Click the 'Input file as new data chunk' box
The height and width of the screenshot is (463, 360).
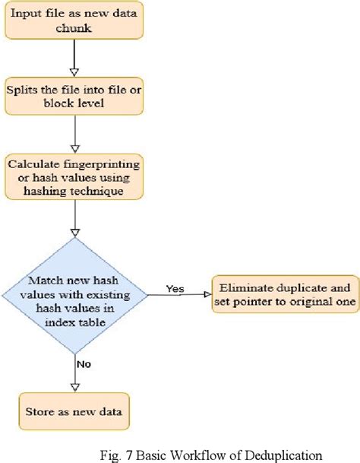[x=74, y=21]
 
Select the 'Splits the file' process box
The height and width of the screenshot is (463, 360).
[x=74, y=96]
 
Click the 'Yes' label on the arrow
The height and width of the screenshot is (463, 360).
[x=175, y=288]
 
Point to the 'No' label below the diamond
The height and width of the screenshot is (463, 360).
[x=83, y=363]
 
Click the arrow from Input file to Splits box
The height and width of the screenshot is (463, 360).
[x=74, y=58]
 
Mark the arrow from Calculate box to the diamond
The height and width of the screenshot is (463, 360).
[x=74, y=217]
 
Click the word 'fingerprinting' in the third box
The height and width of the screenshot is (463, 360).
[x=99, y=162]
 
